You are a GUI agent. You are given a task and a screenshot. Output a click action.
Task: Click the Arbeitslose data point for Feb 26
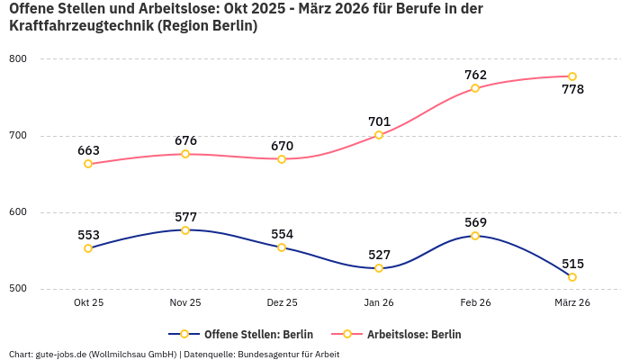point(475,88)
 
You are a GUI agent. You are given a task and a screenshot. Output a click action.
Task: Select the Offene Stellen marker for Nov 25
point(185,230)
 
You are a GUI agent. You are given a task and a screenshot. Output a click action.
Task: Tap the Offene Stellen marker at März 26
point(572,277)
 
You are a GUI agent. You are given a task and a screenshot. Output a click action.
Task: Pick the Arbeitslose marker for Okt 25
point(88,164)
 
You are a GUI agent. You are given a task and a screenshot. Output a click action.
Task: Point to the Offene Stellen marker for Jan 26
point(379,268)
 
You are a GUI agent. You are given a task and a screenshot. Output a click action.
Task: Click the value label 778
point(572,90)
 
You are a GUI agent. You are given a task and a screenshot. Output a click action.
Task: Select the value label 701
point(379,121)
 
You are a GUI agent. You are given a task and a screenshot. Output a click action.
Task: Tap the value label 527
point(379,255)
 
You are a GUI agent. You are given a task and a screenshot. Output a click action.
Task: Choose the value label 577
point(185,217)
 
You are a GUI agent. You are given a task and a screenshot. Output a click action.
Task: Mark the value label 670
point(282,146)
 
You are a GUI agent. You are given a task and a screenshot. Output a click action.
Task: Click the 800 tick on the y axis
point(18,59)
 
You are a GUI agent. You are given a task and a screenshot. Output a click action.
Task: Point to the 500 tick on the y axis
point(18,289)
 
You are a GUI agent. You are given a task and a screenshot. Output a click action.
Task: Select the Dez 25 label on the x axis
point(282,303)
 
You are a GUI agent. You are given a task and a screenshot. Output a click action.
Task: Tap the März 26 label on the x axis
point(572,303)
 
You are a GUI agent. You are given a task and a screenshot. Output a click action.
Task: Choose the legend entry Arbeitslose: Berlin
point(413,334)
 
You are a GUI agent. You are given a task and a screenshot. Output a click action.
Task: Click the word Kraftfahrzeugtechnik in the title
point(81,26)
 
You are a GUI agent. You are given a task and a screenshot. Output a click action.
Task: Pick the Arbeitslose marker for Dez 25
point(282,159)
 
